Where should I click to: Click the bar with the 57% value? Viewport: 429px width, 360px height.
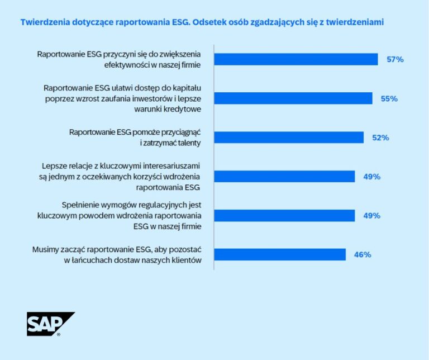[296, 59]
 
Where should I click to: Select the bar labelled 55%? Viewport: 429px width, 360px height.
[293, 98]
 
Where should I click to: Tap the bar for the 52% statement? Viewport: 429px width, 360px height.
[289, 138]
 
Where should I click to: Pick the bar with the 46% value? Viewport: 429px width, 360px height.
[280, 254]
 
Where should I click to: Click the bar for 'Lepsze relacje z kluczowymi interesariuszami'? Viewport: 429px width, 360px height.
[284, 177]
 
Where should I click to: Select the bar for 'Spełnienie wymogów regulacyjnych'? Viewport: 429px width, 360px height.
[284, 216]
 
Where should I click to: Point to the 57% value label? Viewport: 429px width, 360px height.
[395, 59]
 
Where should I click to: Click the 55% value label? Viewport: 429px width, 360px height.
[389, 98]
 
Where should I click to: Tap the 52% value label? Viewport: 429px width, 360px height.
[380, 138]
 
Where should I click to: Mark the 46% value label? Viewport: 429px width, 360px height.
[363, 255]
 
